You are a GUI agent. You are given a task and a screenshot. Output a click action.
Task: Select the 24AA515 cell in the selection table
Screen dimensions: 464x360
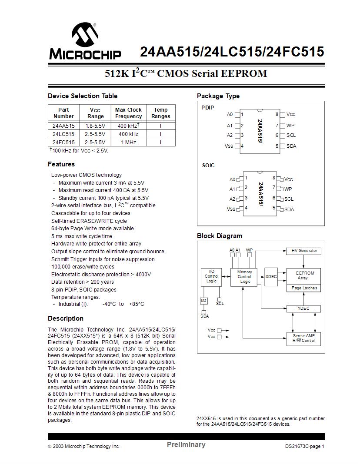[63, 126]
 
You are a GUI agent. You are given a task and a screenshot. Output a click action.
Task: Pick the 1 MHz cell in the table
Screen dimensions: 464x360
[128, 142]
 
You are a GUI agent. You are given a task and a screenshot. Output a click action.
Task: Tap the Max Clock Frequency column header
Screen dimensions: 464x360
[128, 113]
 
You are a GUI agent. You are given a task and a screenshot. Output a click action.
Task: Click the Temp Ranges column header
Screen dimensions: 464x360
[160, 113]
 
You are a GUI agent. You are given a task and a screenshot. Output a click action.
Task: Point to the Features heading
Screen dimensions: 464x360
[61, 164]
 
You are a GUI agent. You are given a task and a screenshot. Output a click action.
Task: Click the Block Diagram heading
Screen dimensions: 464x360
[220, 236]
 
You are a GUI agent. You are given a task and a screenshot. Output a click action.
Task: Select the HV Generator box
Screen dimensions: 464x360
[303, 251]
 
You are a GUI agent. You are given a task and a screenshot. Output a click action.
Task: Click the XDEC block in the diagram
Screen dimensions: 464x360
[271, 277]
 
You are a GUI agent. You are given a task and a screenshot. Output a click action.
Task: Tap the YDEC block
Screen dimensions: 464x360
[303, 308]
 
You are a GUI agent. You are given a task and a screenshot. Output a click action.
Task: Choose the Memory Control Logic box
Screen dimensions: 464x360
[244, 277]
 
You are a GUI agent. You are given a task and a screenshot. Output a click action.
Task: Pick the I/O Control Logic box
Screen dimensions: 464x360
[211, 276]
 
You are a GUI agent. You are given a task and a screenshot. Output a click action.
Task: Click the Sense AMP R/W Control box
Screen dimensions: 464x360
[303, 338]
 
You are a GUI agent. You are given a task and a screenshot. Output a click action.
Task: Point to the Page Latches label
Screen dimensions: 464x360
[304, 288]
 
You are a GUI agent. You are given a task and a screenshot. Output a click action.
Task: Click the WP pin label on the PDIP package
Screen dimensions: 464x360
[290, 126]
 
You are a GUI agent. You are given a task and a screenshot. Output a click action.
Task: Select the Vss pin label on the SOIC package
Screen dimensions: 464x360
[231, 209]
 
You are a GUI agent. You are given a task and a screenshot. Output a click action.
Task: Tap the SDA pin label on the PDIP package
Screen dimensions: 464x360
[291, 146]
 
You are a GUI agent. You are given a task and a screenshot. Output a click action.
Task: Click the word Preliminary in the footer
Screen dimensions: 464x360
[186, 444]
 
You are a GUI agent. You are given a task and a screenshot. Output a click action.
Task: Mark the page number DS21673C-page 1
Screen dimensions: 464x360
[305, 446]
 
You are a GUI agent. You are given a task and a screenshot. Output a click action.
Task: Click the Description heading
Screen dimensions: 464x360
[66, 318]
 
